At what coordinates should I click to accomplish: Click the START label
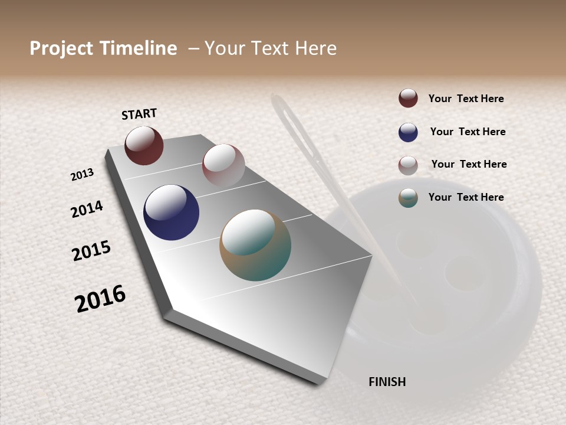[139, 114]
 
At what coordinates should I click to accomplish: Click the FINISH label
[387, 382]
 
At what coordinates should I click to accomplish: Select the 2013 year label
[83, 175]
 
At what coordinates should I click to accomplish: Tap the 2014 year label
[87, 209]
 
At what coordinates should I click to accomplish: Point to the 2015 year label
[91, 251]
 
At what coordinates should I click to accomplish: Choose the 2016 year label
[100, 298]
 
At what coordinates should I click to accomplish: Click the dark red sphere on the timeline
[144, 146]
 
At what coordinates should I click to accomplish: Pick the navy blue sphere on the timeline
[171, 212]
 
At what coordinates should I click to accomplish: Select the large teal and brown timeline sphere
[255, 245]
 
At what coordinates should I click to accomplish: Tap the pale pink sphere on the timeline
[223, 165]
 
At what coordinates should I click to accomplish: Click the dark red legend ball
[408, 98]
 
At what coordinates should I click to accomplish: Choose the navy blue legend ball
[408, 132]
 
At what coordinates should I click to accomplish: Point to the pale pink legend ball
[408, 165]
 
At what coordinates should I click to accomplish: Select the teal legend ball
[408, 198]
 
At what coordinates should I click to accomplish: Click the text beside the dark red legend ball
[466, 99]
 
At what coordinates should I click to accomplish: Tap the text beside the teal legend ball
[466, 197]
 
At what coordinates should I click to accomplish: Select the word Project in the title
[61, 48]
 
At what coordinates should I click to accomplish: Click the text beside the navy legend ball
[468, 132]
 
